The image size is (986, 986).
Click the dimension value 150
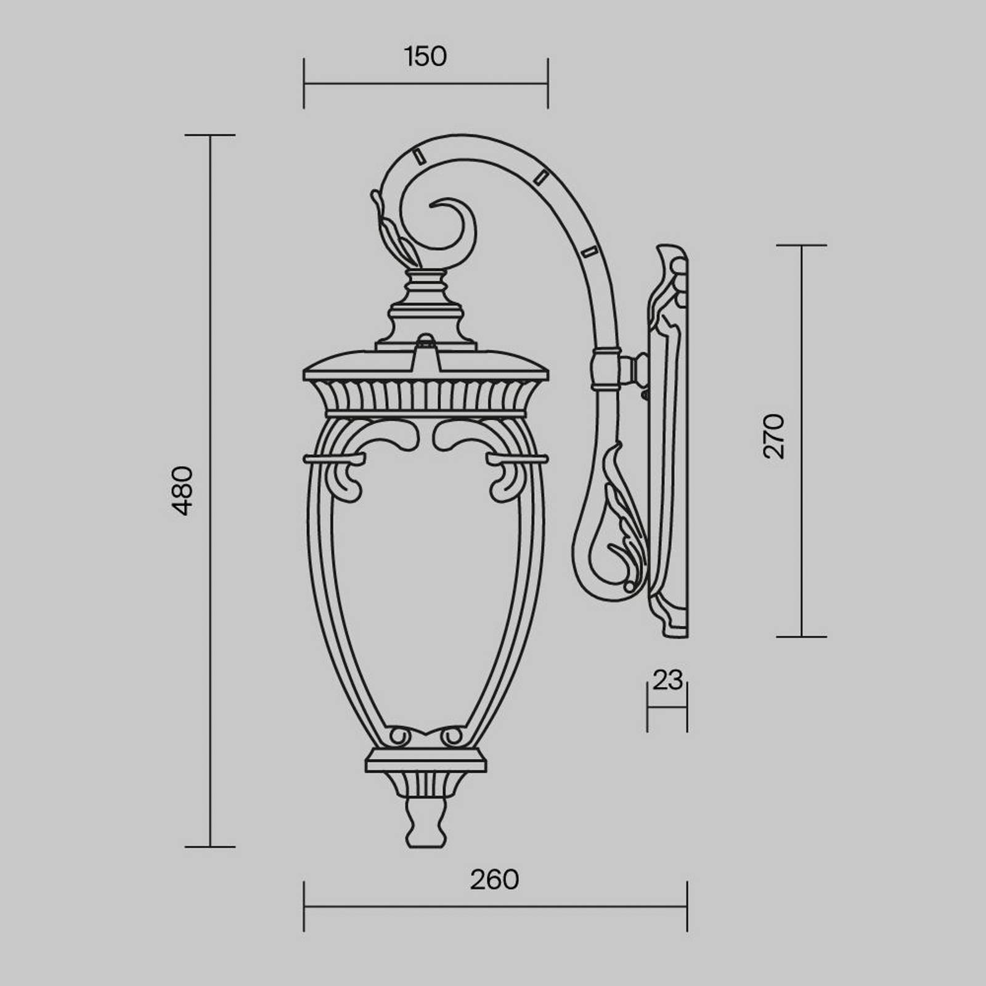425,57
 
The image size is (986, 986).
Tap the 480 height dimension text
183,491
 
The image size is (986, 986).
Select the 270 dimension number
774,436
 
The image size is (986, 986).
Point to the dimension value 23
667,680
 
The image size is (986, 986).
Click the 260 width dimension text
494,880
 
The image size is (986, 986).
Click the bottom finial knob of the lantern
425,823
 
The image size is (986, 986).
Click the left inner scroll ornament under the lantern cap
394,434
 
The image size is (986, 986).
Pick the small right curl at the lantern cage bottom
453,736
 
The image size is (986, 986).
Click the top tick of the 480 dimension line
210,135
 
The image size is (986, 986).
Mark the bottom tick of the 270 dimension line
801,637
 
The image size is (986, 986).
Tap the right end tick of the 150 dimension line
547,83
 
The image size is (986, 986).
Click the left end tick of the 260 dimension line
304,907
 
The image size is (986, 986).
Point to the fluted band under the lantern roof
425,394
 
